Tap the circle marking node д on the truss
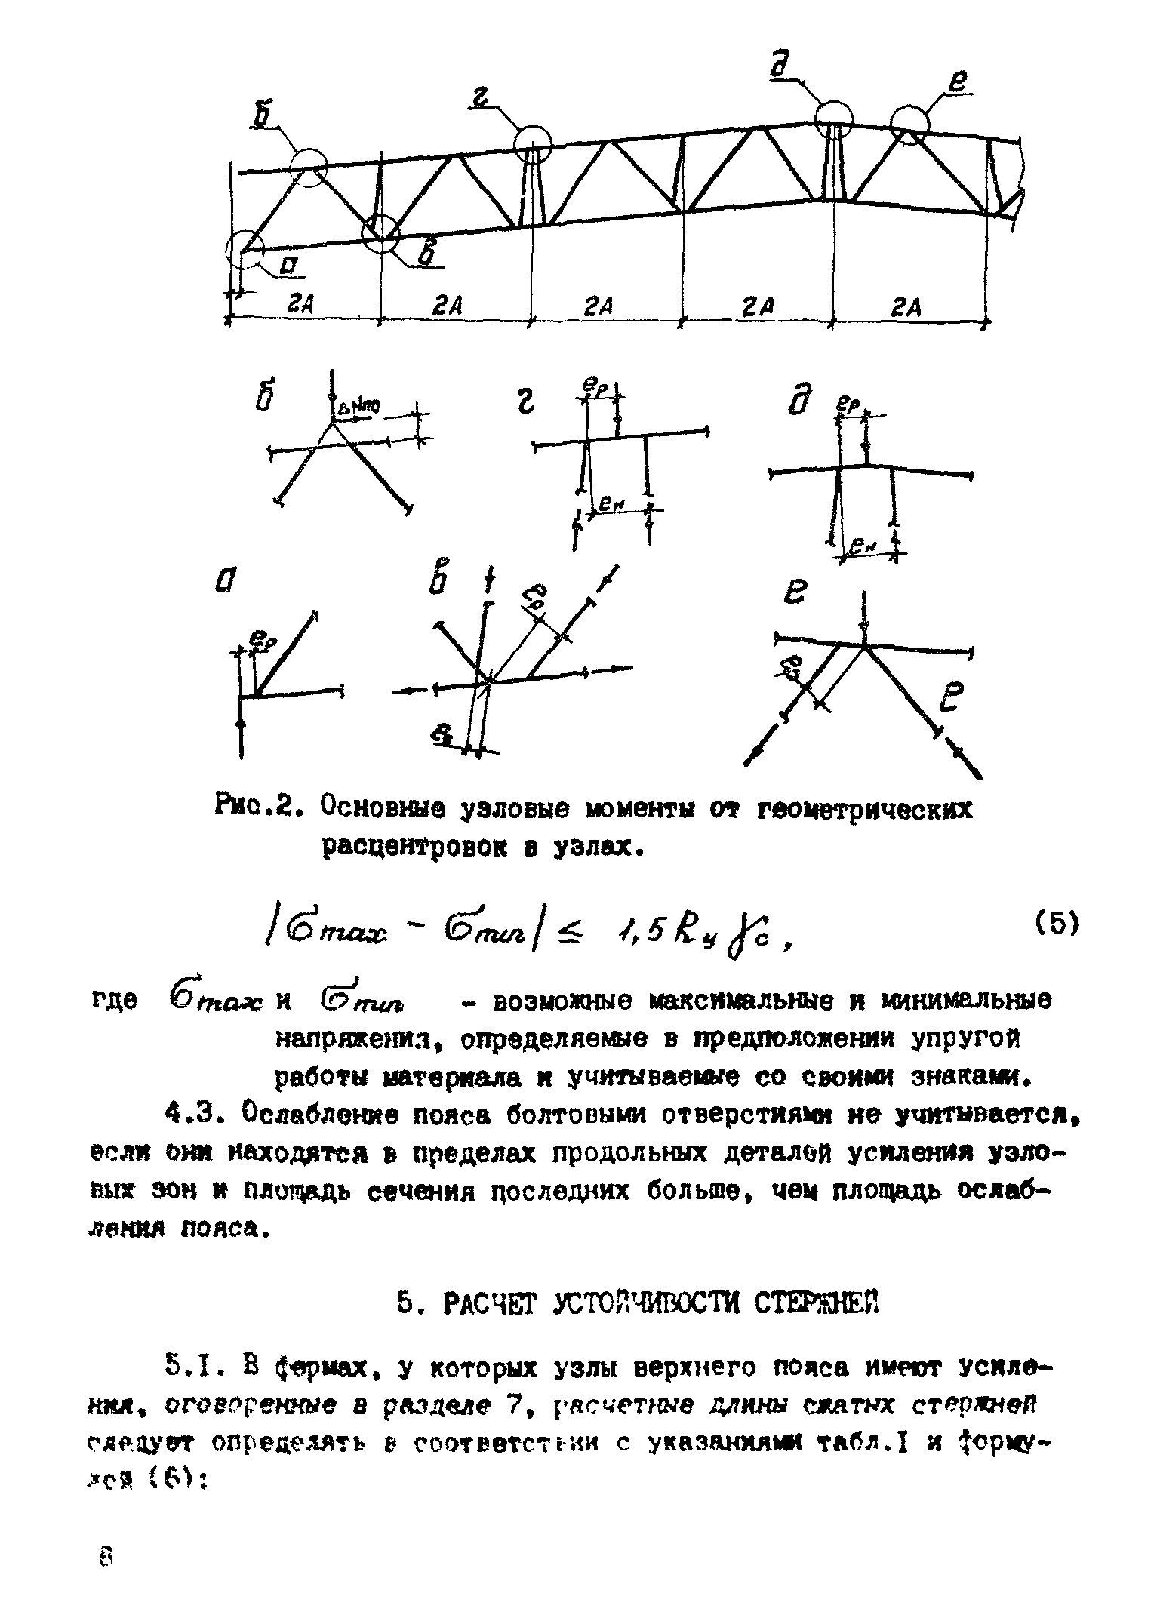coord(833,119)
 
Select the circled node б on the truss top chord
coord(309,166)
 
